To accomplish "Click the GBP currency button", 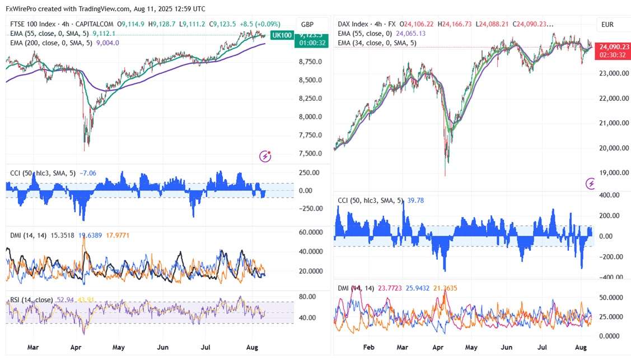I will pos(307,25).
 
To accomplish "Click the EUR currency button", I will pos(608,25).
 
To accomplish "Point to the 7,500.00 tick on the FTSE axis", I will pos(309,153).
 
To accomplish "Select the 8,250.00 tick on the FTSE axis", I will pos(309,99).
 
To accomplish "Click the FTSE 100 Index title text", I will pos(33,25).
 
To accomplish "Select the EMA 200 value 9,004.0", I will pos(107,43).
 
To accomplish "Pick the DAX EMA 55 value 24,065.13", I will pos(411,34).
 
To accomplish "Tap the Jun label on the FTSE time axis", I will pos(162,347).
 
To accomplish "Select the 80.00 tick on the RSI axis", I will pos(307,297).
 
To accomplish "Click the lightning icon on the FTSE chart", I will pos(265,156).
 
